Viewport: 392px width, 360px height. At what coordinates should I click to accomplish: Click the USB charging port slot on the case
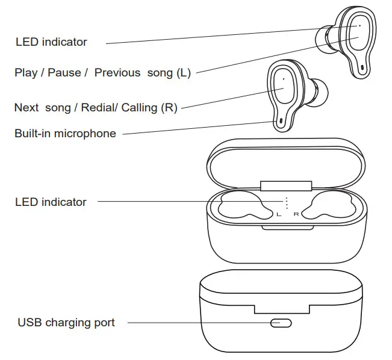click(281, 323)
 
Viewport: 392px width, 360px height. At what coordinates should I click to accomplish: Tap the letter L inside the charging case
click(278, 214)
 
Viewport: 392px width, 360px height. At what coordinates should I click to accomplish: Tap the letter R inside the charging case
click(296, 214)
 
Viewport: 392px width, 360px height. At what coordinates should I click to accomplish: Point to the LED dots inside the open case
click(287, 202)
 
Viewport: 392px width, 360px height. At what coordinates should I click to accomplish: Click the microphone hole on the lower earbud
click(281, 121)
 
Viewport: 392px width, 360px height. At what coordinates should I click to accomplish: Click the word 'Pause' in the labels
click(64, 73)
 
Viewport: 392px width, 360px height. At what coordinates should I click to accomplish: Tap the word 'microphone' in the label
click(85, 134)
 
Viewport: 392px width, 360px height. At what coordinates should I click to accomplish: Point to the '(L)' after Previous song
click(183, 73)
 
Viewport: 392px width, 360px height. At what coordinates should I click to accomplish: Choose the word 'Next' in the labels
click(26, 108)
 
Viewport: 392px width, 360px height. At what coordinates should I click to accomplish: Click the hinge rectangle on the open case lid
click(286, 185)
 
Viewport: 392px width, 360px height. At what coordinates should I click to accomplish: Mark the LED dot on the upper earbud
click(359, 26)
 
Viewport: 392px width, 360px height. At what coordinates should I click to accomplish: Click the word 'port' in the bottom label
click(103, 323)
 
